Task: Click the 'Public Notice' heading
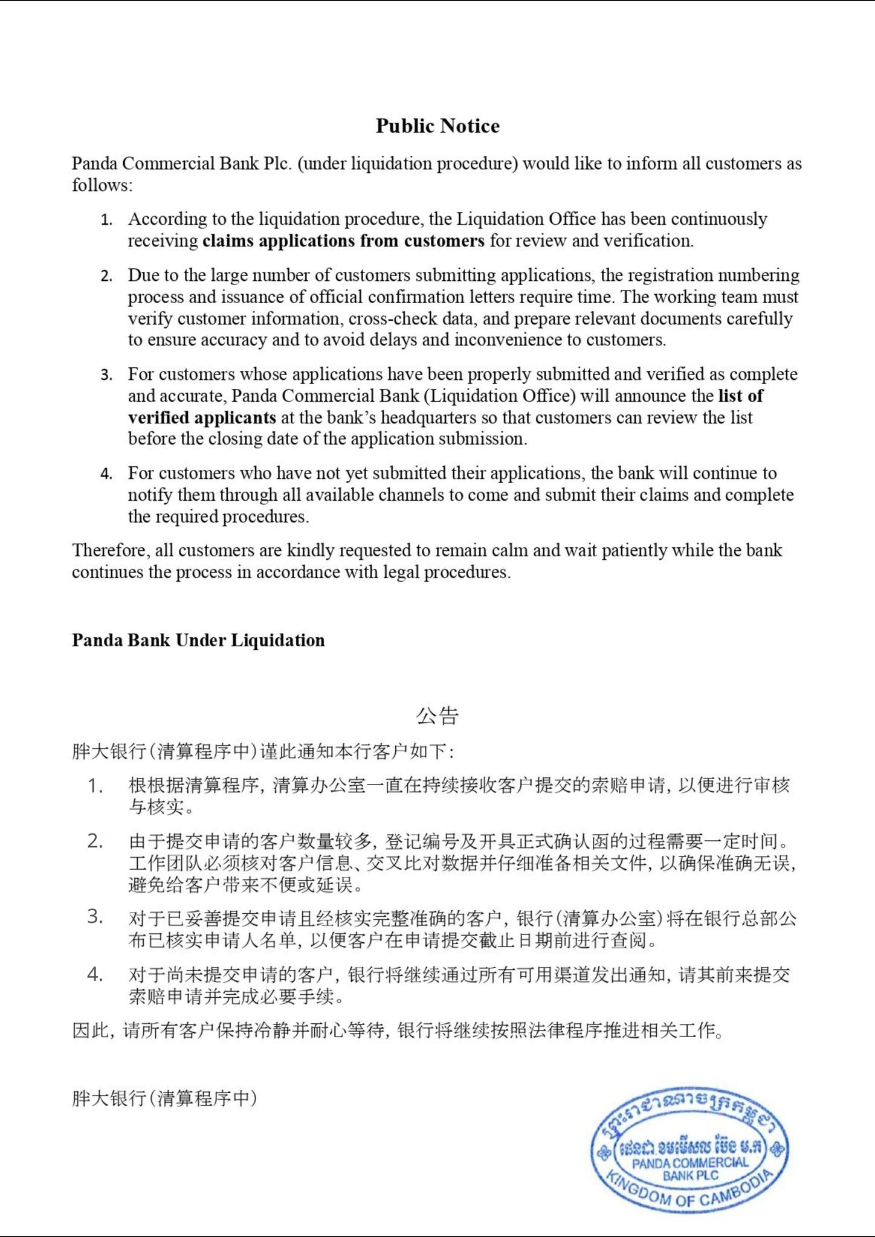coord(437,126)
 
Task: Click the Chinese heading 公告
coord(437,716)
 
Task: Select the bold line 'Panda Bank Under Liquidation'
coord(198,640)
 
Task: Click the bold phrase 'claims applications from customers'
coord(343,241)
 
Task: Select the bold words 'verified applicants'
coord(202,417)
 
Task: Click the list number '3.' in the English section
coord(106,375)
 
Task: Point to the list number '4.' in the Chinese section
coord(95,974)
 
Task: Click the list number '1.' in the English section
coord(106,220)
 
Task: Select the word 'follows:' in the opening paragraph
coord(102,185)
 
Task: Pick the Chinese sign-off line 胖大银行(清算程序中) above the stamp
coord(164,1098)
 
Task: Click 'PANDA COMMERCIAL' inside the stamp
coord(690,1163)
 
